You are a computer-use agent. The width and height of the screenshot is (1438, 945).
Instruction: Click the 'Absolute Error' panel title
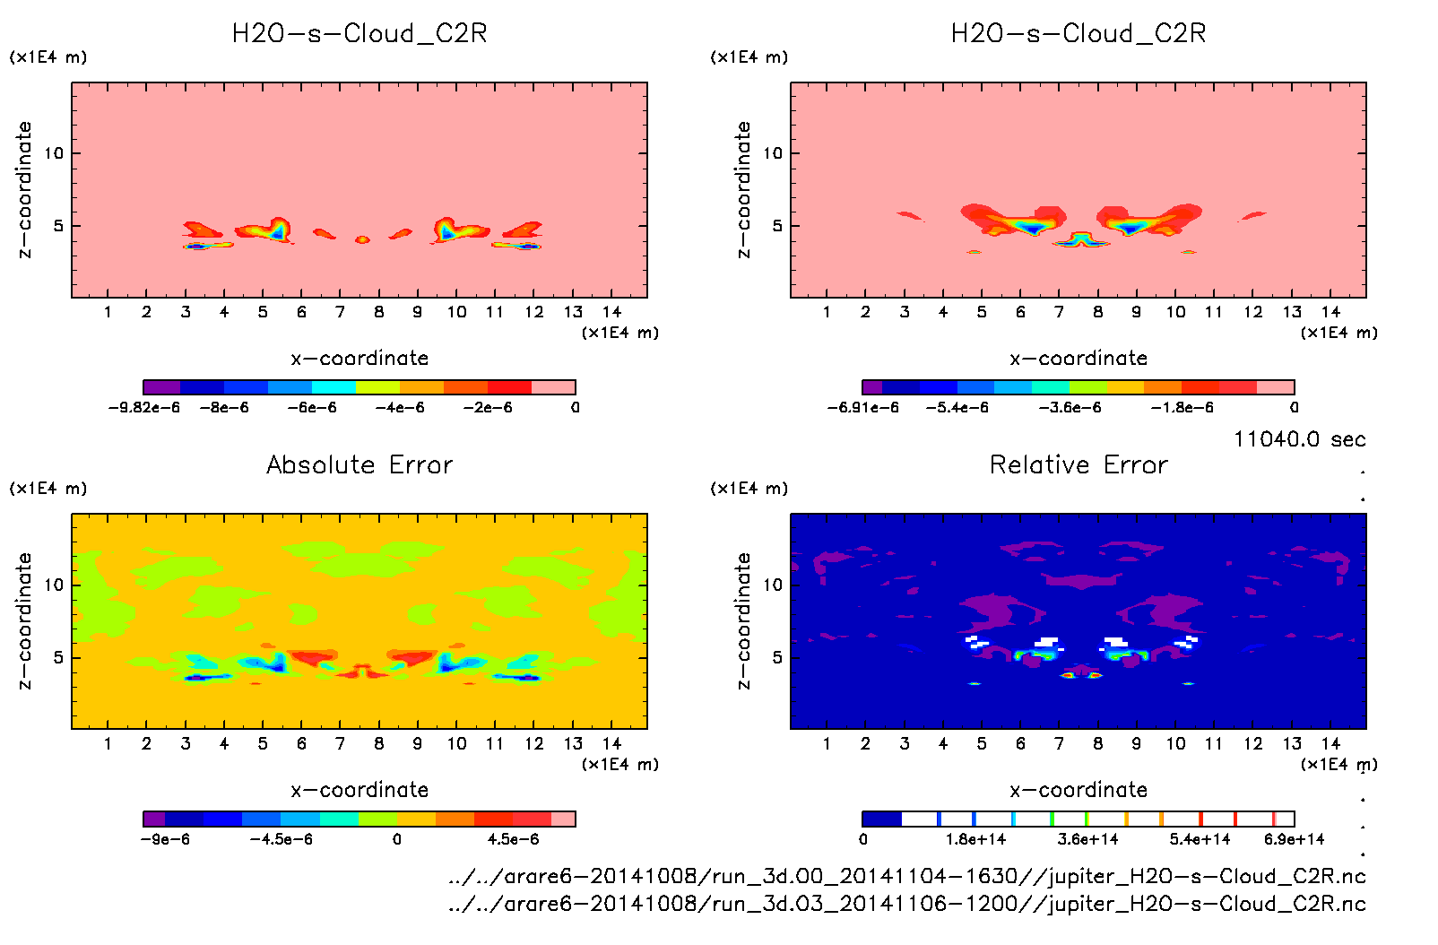pyautogui.click(x=359, y=464)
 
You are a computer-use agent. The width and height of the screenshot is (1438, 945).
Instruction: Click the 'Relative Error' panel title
pyautogui.click(x=1078, y=464)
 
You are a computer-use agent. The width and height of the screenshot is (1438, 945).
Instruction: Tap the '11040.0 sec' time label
pyautogui.click(x=1299, y=439)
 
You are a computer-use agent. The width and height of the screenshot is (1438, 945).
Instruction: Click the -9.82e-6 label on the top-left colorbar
pyautogui.click(x=143, y=408)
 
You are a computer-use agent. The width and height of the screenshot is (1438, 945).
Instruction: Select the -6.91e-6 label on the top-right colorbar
pyautogui.click(x=862, y=408)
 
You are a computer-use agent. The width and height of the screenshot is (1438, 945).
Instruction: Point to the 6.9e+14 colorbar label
pyautogui.click(x=1294, y=840)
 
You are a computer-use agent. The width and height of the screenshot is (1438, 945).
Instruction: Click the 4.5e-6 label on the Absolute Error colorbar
pyautogui.click(x=513, y=840)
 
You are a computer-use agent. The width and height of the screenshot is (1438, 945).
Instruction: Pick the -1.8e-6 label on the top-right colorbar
pyautogui.click(x=1182, y=408)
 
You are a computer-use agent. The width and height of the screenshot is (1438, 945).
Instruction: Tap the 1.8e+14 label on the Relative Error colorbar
pyautogui.click(x=975, y=840)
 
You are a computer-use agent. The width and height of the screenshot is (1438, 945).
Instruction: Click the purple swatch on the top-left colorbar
pyautogui.click(x=161, y=387)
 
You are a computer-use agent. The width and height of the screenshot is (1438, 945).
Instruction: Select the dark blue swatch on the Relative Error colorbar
pyautogui.click(x=881, y=819)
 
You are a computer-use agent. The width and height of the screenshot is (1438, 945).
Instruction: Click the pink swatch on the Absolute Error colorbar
pyautogui.click(x=563, y=819)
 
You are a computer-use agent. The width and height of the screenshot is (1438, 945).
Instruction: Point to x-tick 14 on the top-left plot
pyautogui.click(x=611, y=312)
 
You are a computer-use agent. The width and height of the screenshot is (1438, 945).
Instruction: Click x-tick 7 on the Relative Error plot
pyautogui.click(x=1059, y=743)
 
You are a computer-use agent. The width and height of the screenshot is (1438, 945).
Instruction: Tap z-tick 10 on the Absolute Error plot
pyautogui.click(x=54, y=585)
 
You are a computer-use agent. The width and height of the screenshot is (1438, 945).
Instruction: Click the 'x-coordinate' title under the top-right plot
pyautogui.click(x=1078, y=359)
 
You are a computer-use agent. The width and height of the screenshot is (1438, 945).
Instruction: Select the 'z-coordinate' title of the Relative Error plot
pyautogui.click(x=742, y=620)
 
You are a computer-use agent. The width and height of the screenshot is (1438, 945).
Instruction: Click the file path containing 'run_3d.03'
pyautogui.click(x=906, y=904)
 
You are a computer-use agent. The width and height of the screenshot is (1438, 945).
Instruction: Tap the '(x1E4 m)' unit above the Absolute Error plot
pyautogui.click(x=48, y=489)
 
